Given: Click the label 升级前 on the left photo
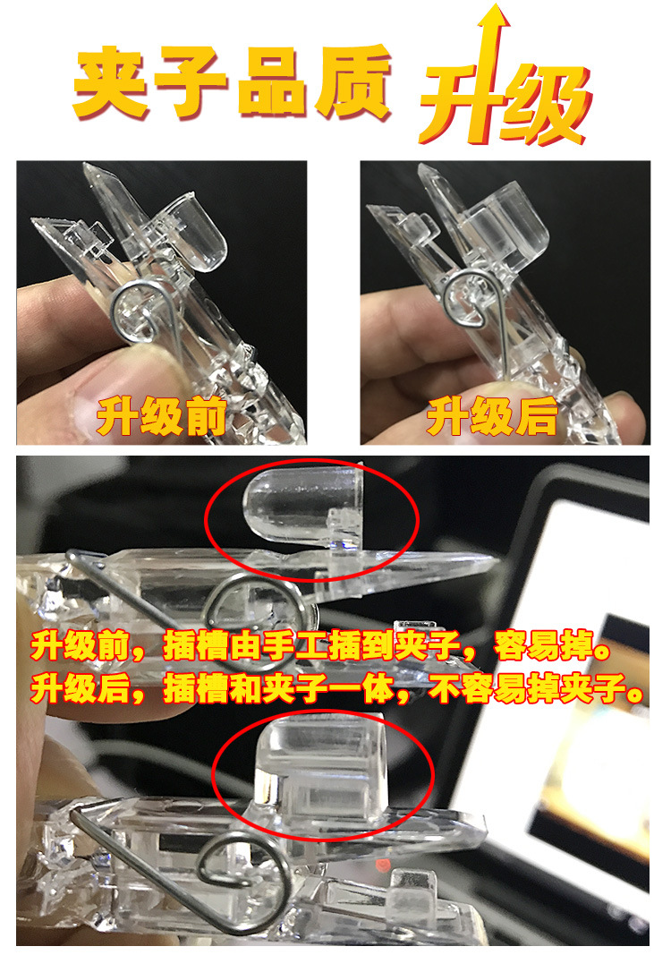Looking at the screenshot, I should coord(162,417).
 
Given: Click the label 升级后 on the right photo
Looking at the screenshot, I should coord(491,416).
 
